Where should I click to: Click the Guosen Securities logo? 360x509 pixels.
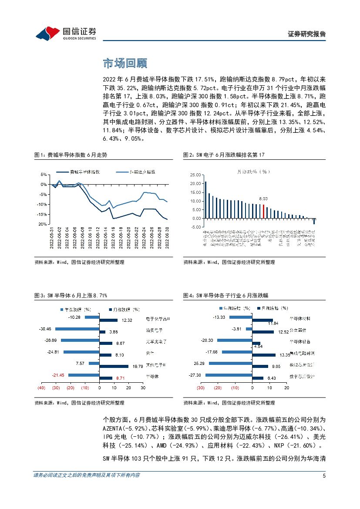click(65, 33)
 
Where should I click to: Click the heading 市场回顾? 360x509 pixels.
click(124, 64)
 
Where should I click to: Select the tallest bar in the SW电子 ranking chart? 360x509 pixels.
click(205, 200)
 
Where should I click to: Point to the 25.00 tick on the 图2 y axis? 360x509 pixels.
click(196, 175)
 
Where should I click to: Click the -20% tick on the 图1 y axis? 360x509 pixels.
click(43, 224)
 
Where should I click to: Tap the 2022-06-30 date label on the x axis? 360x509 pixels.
click(167, 239)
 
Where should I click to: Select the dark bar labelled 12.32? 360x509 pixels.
click(109, 320)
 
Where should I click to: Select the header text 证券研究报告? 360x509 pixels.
click(307, 34)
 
